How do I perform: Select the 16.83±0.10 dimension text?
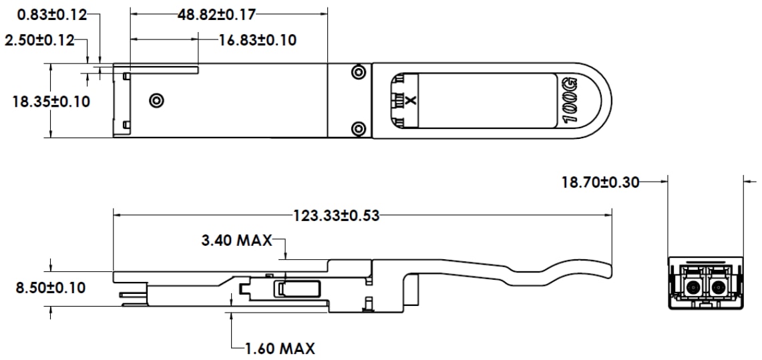pyautogui.click(x=258, y=40)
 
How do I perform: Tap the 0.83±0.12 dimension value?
pyautogui.click(x=43, y=13)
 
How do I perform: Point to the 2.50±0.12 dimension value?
pyautogui.click(x=39, y=40)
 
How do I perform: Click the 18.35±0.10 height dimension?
pyautogui.click(x=51, y=102)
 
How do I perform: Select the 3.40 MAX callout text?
pyautogui.click(x=236, y=240)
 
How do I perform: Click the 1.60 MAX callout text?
pyautogui.click(x=279, y=348)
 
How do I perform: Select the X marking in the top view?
pyautogui.click(x=410, y=101)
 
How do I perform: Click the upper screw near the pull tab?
pyautogui.click(x=359, y=71)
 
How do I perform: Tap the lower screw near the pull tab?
pyautogui.click(x=359, y=128)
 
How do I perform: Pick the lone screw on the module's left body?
pyautogui.click(x=156, y=101)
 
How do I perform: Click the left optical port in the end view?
pyautogui.click(x=692, y=288)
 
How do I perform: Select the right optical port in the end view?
pyautogui.click(x=718, y=288)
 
